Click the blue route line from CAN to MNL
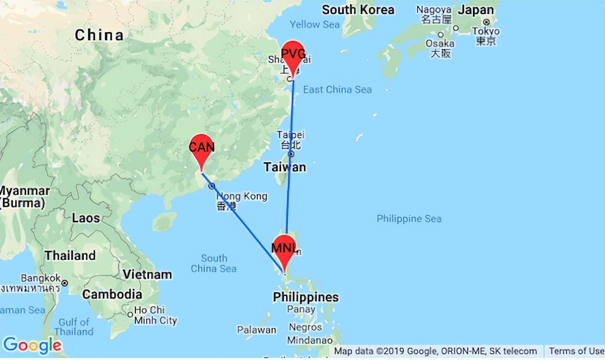[242, 221]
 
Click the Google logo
[32, 345]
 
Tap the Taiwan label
[285, 167]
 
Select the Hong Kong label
[242, 196]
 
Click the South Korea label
[358, 10]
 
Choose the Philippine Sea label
[409, 219]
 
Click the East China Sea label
[337, 89]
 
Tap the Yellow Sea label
[315, 24]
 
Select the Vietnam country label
[147, 275]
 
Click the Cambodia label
[112, 294]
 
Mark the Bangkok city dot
[65, 283]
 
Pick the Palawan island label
[256, 330]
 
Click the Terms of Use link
[576, 351]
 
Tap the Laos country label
[86, 218]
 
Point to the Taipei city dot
[291, 154]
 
